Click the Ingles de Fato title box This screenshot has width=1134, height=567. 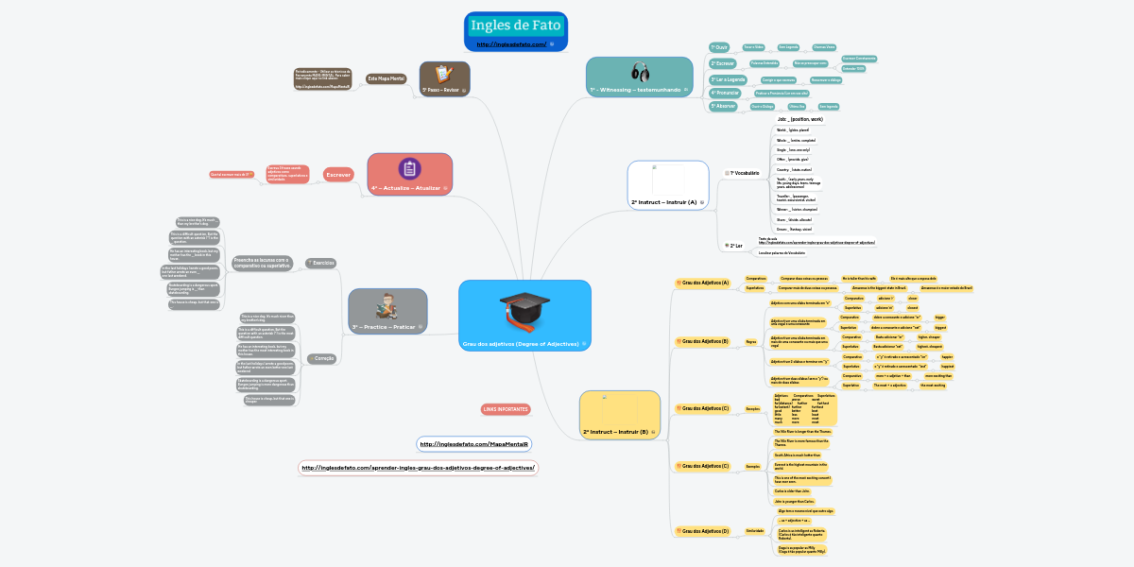coord(516,31)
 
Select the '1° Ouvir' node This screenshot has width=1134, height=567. coord(720,46)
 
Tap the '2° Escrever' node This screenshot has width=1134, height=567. coord(722,63)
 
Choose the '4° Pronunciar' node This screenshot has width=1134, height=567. coord(724,94)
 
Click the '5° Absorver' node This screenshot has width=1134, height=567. coord(723,107)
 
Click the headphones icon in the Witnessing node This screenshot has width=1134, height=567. coord(642,71)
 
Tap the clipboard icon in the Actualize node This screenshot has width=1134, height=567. coord(409,168)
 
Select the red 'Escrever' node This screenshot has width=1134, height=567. coord(338,175)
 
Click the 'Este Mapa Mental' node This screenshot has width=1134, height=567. coord(386,78)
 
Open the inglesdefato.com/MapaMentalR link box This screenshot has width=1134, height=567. coord(473,443)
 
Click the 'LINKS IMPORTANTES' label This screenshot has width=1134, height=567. coord(506,409)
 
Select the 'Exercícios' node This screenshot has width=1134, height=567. coord(321,263)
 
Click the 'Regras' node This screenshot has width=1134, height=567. coord(752,341)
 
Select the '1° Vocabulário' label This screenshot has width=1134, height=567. coord(743,174)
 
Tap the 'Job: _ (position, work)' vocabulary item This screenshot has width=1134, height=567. coord(799,120)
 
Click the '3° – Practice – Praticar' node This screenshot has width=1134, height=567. coord(387,326)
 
